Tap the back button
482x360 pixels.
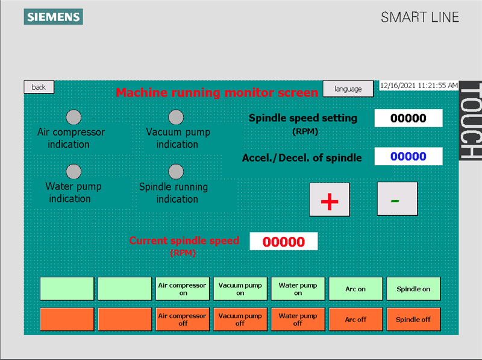click(39, 87)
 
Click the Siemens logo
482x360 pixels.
click(53, 17)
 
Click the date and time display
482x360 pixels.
click(419, 86)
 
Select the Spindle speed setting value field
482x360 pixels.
click(408, 118)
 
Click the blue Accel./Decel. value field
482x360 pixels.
click(408, 156)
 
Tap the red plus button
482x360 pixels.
click(329, 200)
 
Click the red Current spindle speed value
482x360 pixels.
click(283, 242)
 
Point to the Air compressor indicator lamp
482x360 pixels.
click(74, 117)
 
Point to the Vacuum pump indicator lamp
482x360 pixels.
click(176, 117)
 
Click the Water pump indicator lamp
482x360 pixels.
click(74, 171)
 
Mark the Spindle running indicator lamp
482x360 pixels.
click(176, 171)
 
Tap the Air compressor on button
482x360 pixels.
click(183, 289)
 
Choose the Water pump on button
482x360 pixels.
click(298, 289)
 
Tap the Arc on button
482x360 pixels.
click(355, 289)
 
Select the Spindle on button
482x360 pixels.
click(413, 289)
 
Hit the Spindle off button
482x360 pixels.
click(413, 320)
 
